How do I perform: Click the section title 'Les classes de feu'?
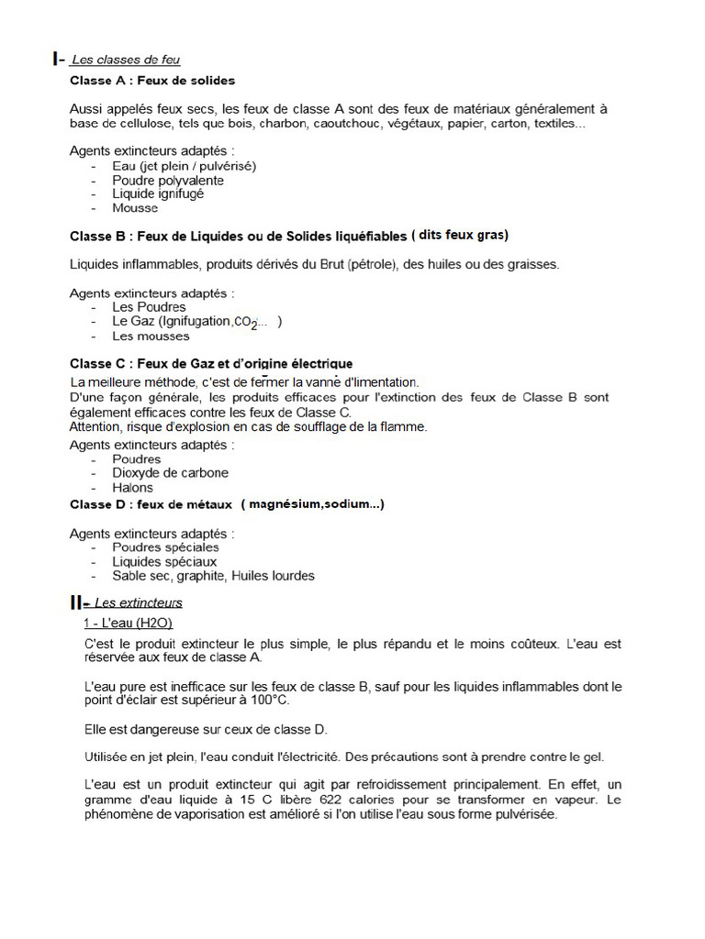[126, 61]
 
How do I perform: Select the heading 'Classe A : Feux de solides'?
[152, 81]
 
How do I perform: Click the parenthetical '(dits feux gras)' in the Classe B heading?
[460, 236]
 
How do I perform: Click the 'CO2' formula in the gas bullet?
[245, 323]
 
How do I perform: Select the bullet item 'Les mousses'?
[151, 336]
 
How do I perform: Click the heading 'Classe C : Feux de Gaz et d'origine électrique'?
[211, 364]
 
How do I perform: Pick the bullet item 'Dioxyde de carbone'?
[171, 473]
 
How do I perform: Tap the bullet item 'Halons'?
[133, 488]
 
